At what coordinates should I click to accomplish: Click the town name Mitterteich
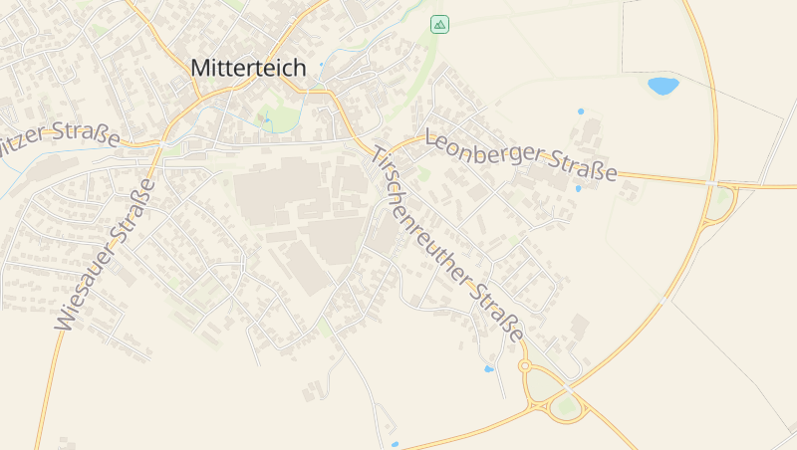248,68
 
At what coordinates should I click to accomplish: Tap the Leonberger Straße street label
520,155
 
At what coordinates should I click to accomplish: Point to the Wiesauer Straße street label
105,255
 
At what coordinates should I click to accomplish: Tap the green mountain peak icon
439,23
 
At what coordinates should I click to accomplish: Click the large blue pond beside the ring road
663,86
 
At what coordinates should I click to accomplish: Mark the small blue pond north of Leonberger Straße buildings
581,111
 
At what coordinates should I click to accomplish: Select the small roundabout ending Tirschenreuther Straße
525,366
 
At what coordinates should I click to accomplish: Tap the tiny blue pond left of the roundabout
488,369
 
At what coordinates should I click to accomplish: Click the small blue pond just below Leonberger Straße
577,188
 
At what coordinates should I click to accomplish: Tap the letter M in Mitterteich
199,68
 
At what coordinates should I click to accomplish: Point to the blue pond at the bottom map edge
395,444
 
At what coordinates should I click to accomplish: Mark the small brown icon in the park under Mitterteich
265,118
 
